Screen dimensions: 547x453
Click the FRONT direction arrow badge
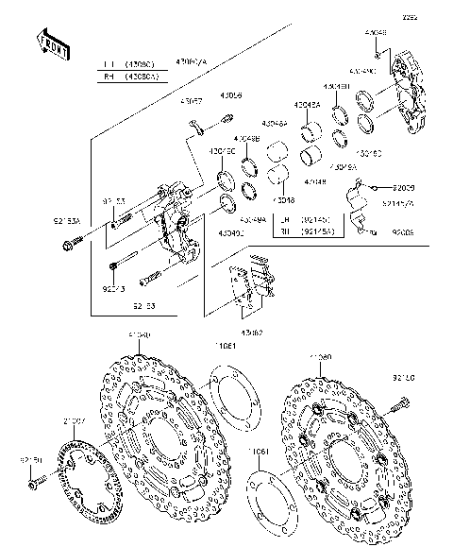[x=54, y=44]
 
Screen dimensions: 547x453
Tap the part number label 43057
[x=192, y=99]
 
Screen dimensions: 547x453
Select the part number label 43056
[x=230, y=96]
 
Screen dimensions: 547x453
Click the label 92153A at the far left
[x=67, y=220]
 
